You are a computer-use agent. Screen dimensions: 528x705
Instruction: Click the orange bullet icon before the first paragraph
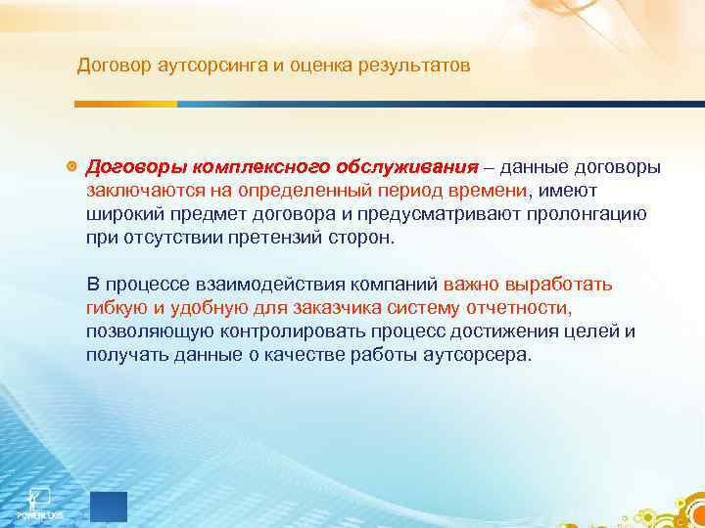click(x=70, y=166)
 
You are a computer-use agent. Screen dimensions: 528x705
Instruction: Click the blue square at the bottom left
click(x=109, y=505)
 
